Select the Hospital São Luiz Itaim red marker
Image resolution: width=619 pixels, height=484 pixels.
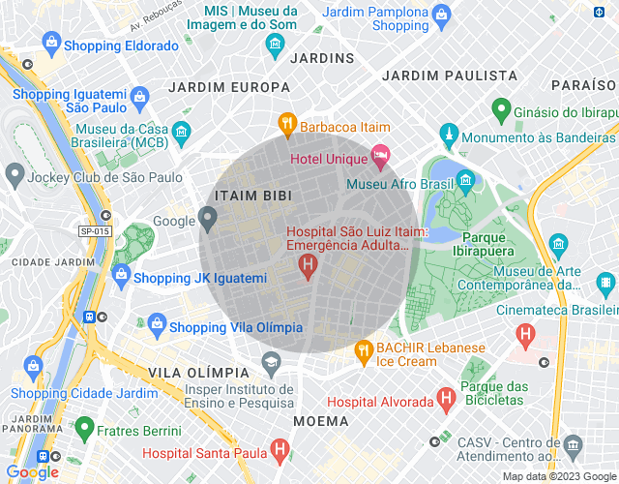[x=308, y=264]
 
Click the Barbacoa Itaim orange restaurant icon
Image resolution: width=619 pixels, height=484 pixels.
[x=286, y=123]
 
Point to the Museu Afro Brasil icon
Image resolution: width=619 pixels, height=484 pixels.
[x=466, y=180]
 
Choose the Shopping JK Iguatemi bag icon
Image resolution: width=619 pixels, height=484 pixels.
[x=121, y=275]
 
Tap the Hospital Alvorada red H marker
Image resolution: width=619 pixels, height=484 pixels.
[x=445, y=397]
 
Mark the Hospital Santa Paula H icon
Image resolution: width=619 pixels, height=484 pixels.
[x=279, y=449]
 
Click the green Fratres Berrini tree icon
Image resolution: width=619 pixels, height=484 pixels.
[x=84, y=428]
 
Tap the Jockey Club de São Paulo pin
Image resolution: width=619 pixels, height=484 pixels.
[x=15, y=175]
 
